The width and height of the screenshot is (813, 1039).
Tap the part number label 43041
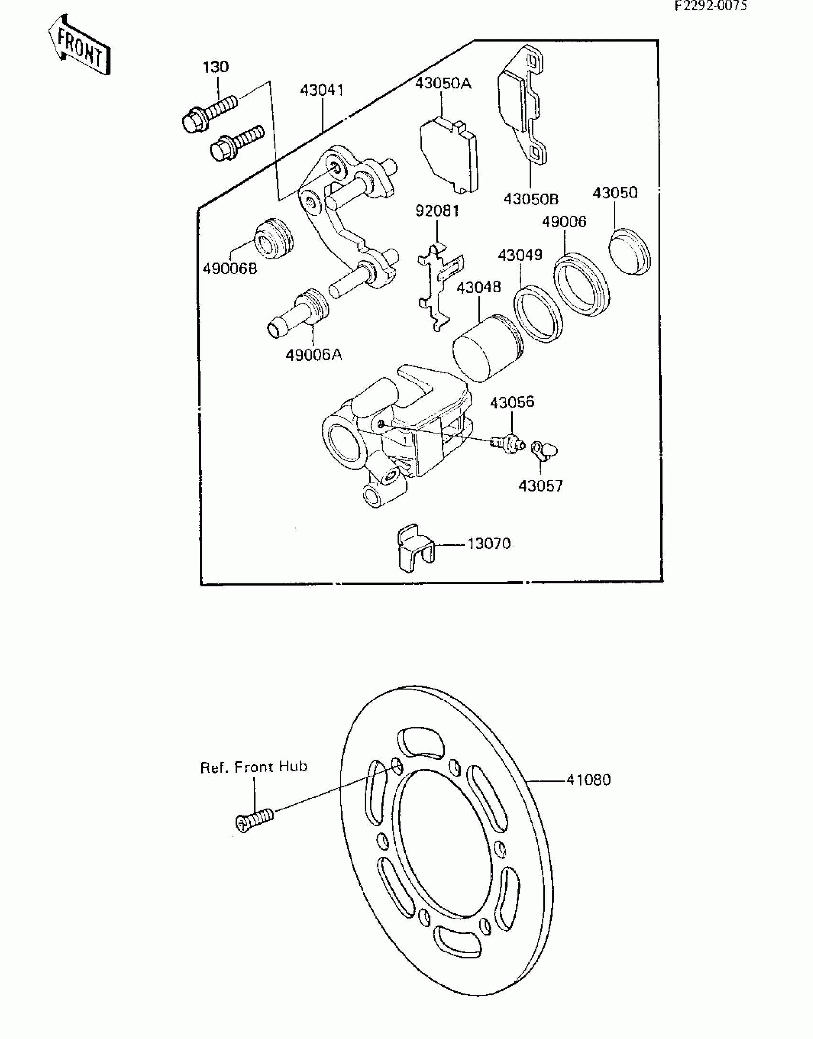[x=322, y=90]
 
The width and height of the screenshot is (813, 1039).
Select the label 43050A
[x=443, y=84]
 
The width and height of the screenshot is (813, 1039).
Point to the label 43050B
[x=531, y=198]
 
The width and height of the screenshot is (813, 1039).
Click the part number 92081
[x=437, y=210]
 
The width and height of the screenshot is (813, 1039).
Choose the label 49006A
[x=314, y=355]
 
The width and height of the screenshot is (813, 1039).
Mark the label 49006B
[x=230, y=269]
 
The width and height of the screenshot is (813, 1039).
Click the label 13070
[x=489, y=544]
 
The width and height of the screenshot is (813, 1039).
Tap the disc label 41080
[x=588, y=780]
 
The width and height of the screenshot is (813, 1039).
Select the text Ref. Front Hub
[x=253, y=767]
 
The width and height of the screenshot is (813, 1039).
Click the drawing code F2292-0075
[x=711, y=6]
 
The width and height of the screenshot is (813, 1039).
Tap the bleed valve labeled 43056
[x=509, y=442]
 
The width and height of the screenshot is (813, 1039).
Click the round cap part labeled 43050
[x=630, y=251]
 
